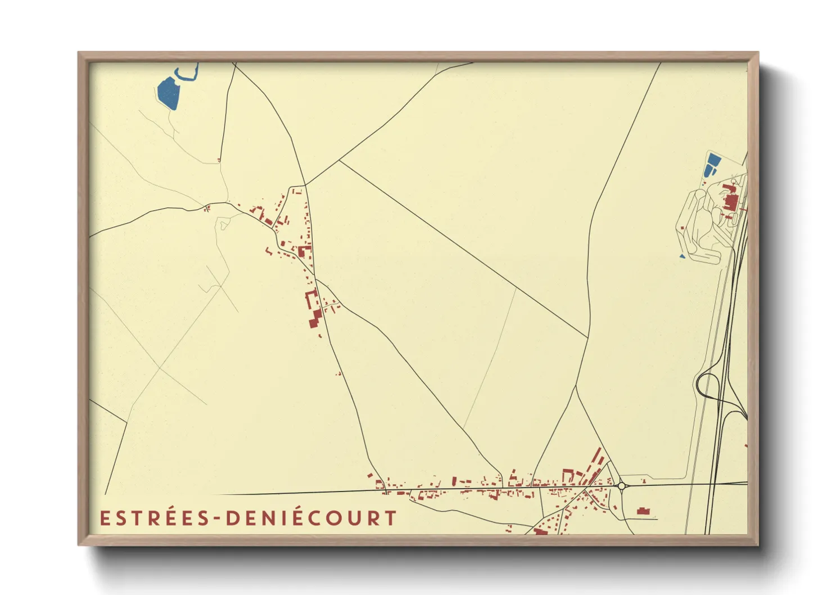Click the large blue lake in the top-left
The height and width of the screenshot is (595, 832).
[x=168, y=93]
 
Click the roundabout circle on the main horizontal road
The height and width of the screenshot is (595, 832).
[x=622, y=485]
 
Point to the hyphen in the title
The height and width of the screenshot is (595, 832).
[x=218, y=519]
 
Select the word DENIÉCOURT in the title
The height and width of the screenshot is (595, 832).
[x=312, y=518]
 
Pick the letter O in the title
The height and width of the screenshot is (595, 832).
[x=337, y=519]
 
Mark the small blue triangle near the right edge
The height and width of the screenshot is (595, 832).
[x=682, y=256]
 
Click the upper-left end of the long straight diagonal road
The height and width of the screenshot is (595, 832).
[x=340, y=161]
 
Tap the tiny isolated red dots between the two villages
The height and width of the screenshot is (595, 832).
[x=338, y=373]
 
